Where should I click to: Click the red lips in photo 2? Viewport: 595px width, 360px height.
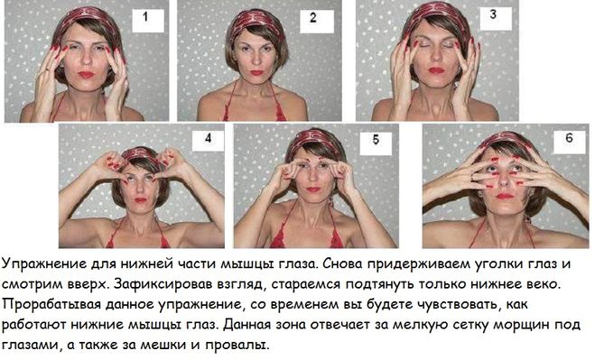257,72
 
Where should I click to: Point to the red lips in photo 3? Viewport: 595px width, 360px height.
435,70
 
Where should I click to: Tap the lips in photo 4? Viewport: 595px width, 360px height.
141,200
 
